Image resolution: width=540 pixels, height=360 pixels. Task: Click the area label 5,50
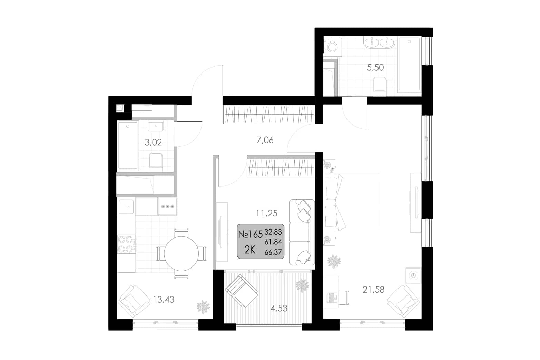pos(375,68)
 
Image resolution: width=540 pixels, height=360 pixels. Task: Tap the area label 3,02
pos(153,143)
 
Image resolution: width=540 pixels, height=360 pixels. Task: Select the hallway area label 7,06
pos(265,140)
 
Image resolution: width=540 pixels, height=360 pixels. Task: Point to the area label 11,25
pos(267,213)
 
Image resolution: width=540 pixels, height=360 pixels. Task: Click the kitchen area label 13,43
pos(164,300)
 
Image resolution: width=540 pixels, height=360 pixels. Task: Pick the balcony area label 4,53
pos(279,309)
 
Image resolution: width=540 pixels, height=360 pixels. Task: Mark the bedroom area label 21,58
pos(373,290)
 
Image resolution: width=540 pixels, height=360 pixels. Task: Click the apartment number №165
pos(251,234)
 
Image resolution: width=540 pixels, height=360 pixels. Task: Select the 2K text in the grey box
pos(250,250)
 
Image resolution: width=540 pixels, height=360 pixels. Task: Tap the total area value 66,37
pos(273,252)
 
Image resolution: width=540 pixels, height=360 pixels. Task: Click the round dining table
pos(181,253)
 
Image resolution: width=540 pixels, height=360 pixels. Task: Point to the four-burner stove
pos(127,244)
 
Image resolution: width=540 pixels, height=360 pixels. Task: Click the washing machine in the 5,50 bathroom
pos(332,47)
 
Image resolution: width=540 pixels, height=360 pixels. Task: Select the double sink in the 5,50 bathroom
pos(379,43)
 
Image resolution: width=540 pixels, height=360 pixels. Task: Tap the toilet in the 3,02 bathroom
pos(156,160)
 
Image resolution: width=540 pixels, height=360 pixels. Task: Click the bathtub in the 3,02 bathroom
pos(128,146)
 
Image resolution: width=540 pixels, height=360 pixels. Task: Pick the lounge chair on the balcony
pos(241,291)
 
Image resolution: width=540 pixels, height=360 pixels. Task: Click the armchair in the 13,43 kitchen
pos(134,301)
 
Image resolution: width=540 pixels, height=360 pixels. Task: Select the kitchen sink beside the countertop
pos(126,206)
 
